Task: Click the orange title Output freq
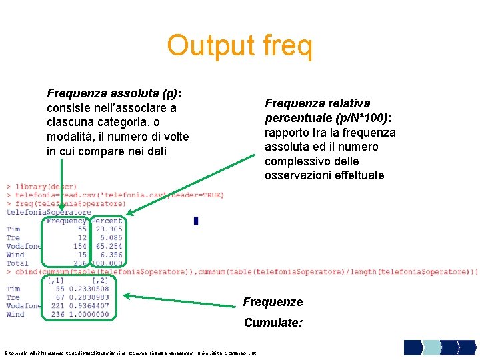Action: (239, 45)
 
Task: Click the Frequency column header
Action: (67, 221)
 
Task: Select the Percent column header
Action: (107, 221)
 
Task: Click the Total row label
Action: (17, 263)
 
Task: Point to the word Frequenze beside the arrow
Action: (273, 302)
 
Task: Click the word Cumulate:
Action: (273, 323)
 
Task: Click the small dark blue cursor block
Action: (196, 221)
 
